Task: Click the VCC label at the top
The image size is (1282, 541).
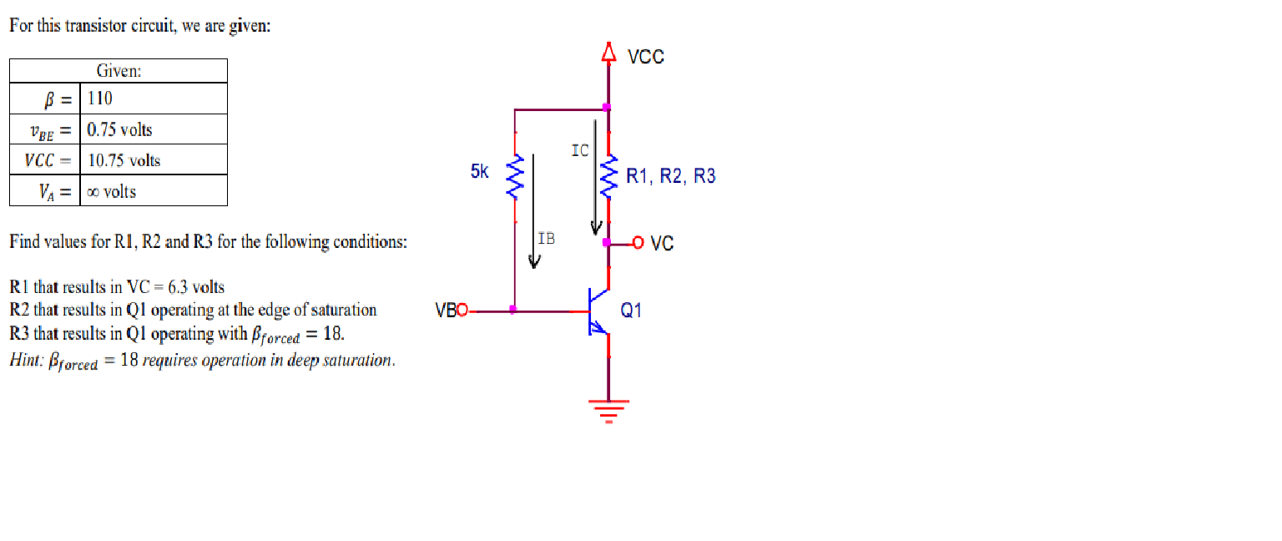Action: (645, 57)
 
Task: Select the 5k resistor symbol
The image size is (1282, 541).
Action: (515, 177)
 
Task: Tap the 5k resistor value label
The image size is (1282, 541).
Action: (480, 172)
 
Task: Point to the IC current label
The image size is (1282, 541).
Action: (580, 151)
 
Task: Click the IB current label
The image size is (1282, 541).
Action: (546, 238)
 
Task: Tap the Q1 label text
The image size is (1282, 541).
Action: (632, 311)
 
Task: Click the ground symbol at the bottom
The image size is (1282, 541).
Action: (608, 410)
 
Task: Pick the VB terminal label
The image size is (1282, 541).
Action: (446, 311)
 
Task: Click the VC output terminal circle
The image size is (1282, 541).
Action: (638, 243)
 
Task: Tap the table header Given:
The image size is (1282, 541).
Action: (119, 71)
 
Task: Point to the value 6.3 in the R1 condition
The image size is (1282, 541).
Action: (178, 287)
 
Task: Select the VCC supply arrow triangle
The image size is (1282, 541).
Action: (608, 54)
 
